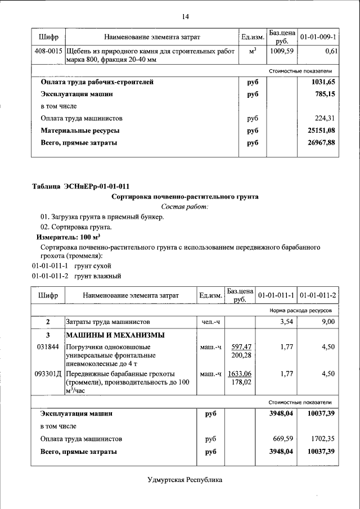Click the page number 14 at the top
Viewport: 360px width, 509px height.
tap(184, 16)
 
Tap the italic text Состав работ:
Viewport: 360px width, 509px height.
tap(184, 207)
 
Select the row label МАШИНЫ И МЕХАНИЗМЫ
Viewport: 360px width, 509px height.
tap(115, 335)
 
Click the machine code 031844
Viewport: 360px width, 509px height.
tap(47, 347)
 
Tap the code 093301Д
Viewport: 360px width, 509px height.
tap(48, 373)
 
